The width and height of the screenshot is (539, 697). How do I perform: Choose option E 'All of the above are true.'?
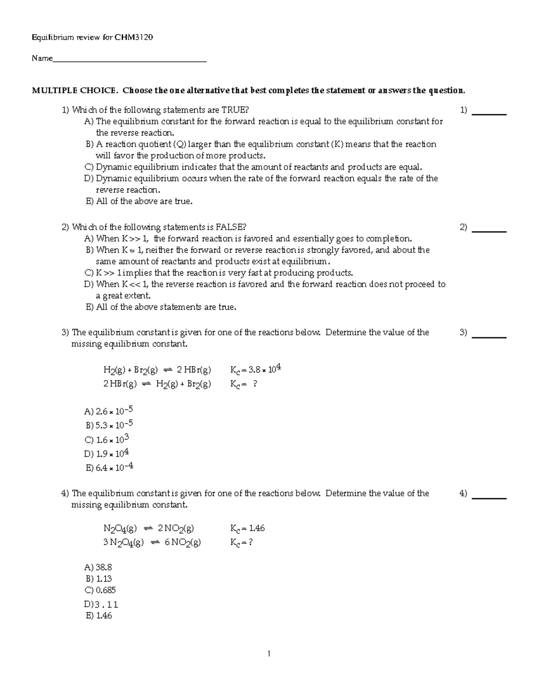pyautogui.click(x=139, y=202)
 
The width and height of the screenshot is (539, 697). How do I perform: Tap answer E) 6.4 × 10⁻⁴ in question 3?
pyautogui.click(x=109, y=468)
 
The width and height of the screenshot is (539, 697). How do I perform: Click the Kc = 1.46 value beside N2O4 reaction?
pyautogui.click(x=247, y=528)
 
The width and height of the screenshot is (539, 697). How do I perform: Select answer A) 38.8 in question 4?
pyautogui.click(x=98, y=568)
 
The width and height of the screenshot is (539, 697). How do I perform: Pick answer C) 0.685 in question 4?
pyautogui.click(x=100, y=590)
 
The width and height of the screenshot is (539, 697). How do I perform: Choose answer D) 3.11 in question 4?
pyautogui.click(x=101, y=605)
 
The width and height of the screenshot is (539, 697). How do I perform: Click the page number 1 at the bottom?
pyautogui.click(x=269, y=654)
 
